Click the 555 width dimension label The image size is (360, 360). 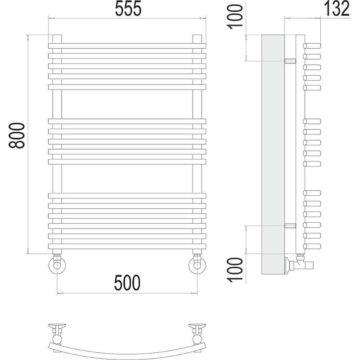point(128,9)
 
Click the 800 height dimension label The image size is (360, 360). point(17,135)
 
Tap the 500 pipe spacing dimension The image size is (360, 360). point(127,283)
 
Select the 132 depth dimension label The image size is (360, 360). point(337,9)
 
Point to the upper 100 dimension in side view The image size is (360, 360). point(235,17)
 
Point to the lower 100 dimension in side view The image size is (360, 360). point(235,270)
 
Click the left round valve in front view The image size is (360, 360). point(57,265)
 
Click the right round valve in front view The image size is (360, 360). point(197,265)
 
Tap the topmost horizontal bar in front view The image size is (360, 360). point(127,46)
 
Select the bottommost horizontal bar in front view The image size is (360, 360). point(127,246)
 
